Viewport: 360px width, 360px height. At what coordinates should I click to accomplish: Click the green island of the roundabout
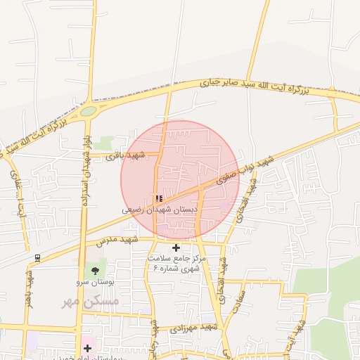coord(88,111)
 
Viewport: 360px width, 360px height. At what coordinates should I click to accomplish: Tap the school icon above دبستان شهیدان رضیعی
coord(159,199)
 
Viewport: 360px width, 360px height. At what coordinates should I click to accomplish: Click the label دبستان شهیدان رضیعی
coord(160,210)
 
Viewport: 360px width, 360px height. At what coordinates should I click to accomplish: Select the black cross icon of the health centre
coord(176,247)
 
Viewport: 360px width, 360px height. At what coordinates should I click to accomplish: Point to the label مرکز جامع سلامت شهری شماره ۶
coord(174,263)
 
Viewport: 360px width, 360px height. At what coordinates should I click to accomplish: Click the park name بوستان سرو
coord(95,282)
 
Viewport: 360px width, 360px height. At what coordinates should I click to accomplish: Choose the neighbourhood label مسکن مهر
coord(91,301)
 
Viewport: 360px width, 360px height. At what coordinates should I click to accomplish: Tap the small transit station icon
coord(37,258)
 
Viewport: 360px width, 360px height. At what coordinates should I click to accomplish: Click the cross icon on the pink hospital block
coord(87,348)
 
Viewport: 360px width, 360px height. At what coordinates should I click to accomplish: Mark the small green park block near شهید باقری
coord(105,143)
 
